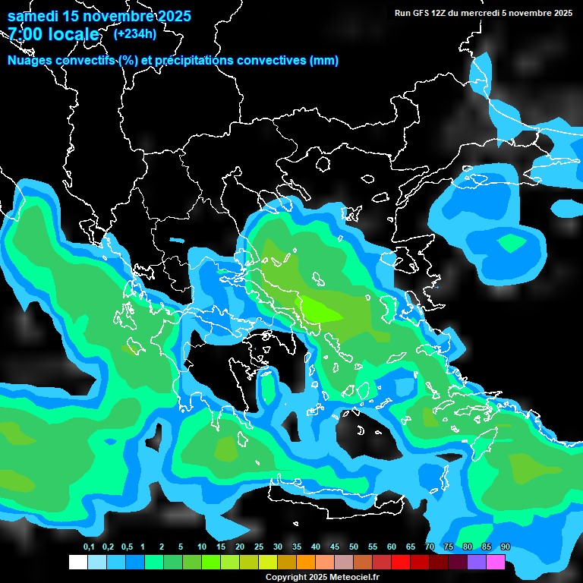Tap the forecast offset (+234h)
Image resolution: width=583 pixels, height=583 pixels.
[135, 33]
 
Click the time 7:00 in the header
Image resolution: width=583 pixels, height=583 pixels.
[25, 34]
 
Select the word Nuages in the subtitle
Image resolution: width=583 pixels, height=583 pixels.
[30, 61]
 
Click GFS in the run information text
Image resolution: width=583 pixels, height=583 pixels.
[422, 13]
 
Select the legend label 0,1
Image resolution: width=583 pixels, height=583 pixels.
[89, 547]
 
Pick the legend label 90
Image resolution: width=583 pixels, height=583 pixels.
[506, 547]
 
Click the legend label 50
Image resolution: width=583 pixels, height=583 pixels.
[354, 547]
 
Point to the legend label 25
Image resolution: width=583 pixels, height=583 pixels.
[259, 547]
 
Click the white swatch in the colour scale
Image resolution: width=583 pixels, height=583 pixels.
[77, 563]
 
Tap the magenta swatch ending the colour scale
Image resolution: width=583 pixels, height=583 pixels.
[495, 563]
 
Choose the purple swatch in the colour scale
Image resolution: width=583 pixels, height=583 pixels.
[476, 563]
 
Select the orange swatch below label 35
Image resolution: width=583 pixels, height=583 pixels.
[305, 563]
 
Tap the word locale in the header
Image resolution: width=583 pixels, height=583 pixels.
[73, 34]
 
